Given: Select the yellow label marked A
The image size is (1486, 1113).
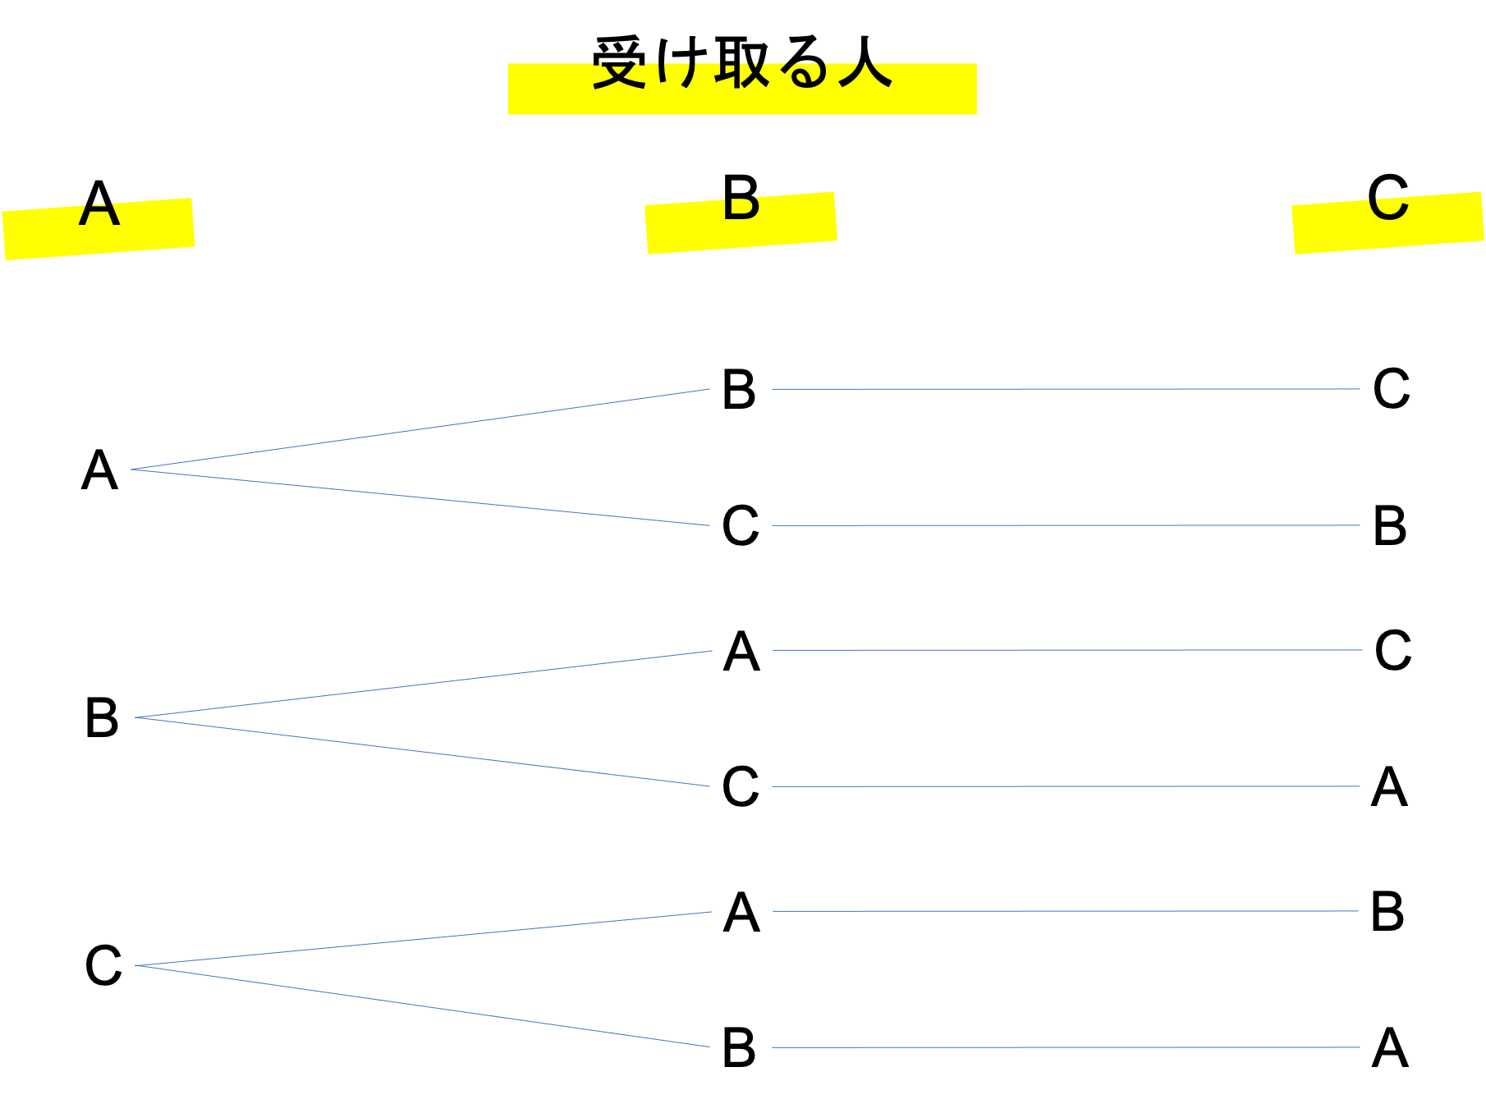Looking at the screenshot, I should [x=99, y=229].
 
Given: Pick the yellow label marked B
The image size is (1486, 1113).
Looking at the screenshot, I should [x=741, y=223].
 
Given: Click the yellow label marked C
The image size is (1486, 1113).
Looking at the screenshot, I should [x=1387, y=223].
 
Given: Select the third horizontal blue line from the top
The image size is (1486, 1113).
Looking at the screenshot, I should [x=1067, y=650].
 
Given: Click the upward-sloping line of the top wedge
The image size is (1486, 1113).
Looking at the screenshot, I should [x=420, y=429].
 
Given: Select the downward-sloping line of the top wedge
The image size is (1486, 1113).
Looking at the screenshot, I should [x=420, y=497].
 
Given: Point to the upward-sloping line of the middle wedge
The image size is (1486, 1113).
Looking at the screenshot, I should [x=424, y=685].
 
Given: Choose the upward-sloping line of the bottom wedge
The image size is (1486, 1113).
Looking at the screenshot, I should [x=424, y=939].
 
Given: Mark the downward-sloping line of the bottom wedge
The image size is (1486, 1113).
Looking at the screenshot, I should [x=422, y=1006].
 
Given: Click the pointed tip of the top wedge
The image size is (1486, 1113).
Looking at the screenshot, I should [x=132, y=469].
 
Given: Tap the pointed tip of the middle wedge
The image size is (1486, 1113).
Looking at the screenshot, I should [x=136, y=717].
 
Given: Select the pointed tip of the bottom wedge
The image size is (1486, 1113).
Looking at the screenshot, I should [x=136, y=965].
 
